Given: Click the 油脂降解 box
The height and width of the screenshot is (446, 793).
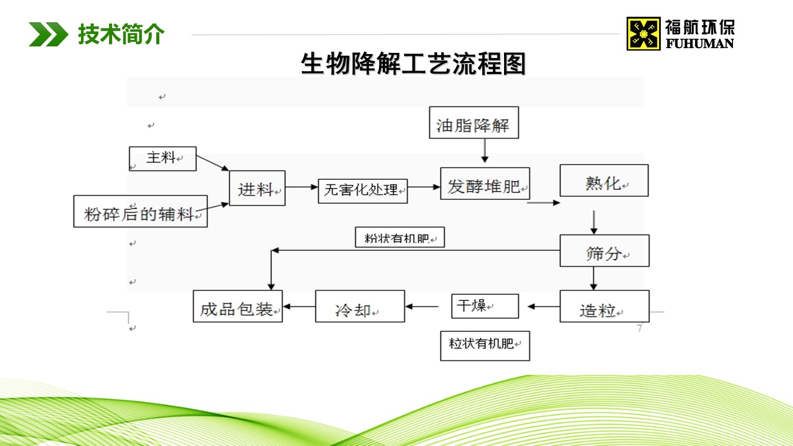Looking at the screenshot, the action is (473, 123).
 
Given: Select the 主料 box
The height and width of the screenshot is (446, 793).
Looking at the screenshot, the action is (163, 159).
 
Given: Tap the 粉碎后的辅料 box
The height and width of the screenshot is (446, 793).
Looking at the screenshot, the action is (140, 211).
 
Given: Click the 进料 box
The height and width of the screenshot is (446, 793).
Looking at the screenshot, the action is (257, 188).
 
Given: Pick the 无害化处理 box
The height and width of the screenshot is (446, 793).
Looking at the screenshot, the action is (362, 191).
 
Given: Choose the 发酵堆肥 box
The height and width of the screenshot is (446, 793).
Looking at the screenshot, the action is (485, 183).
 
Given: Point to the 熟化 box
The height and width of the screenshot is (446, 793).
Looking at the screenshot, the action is (604, 180).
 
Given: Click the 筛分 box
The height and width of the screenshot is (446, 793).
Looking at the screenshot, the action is (604, 250).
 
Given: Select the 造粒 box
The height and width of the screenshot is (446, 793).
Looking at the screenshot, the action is (604, 306).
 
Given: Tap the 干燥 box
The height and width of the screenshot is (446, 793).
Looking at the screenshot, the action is (485, 306).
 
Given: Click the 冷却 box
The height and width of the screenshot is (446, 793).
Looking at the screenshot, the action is (359, 306).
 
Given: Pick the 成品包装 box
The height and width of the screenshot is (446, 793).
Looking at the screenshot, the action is (237, 306).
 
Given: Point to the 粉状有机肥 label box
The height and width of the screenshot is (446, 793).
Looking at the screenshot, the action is (399, 237).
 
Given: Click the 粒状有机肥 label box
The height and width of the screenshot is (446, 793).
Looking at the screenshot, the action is (485, 346).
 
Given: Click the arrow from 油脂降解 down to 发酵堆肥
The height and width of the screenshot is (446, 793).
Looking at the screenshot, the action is (485, 150).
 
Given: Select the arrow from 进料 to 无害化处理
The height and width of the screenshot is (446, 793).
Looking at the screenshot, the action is (301, 187).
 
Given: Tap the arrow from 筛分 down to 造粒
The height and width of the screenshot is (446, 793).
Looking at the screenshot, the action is (594, 279).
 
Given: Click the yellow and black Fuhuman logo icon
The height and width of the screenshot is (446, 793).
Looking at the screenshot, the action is (643, 33).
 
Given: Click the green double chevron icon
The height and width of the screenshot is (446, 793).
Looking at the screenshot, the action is (48, 34).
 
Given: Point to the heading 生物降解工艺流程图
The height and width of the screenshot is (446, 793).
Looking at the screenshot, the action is (413, 63).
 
